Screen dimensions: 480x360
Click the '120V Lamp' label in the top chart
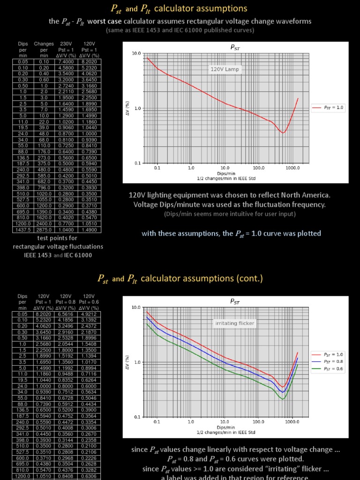coord(225,69)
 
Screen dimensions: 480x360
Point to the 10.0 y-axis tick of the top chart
coord(136,53)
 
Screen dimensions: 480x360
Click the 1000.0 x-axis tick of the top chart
coord(292,167)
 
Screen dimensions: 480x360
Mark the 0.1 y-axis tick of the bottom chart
coord(137,417)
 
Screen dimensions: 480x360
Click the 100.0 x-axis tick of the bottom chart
coord(258,421)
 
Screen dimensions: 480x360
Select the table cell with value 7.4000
coord(66,61)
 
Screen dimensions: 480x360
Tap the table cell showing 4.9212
coord(89,315)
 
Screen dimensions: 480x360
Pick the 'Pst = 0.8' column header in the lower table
coord(66,302)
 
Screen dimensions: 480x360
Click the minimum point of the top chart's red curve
coord(283,133)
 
